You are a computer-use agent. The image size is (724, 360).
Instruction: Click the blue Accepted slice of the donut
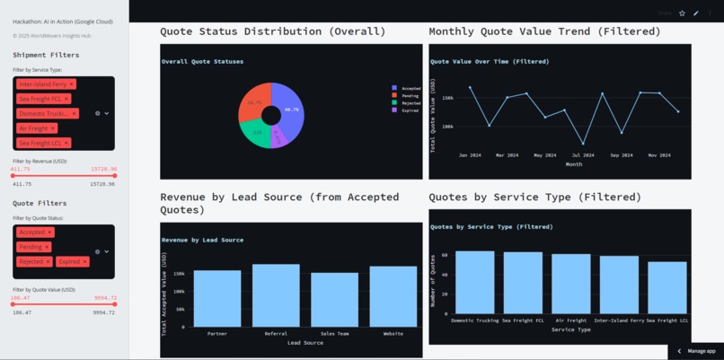(x=290, y=103)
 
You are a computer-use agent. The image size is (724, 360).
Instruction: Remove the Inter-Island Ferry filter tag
(x=71, y=84)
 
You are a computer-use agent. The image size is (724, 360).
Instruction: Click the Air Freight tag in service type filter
(x=34, y=128)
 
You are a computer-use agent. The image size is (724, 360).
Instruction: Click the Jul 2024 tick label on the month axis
(x=583, y=155)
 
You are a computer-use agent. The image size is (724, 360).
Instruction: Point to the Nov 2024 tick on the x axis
(x=659, y=155)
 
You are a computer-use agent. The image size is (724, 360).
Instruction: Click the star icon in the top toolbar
(x=682, y=13)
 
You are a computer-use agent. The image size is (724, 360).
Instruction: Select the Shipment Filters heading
(x=46, y=55)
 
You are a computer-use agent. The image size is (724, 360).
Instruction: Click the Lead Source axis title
(x=305, y=343)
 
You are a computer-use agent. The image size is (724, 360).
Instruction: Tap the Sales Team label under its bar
(x=334, y=333)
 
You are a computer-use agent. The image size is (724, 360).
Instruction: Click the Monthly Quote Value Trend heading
(x=544, y=31)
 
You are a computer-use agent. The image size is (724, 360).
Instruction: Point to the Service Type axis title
(x=572, y=329)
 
